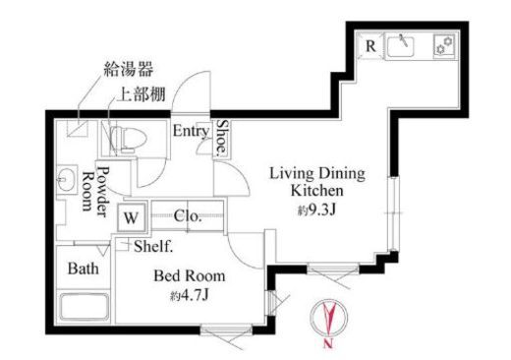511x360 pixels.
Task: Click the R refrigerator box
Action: pyautogui.click(x=370, y=45)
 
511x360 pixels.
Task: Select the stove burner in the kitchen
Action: pyautogui.click(x=442, y=46)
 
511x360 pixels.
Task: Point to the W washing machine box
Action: pyautogui.click(x=131, y=216)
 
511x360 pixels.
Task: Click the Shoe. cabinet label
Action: pyautogui.click(x=223, y=138)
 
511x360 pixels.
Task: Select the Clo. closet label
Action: pyautogui.click(x=188, y=216)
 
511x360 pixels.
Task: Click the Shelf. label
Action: pyautogui.click(x=152, y=246)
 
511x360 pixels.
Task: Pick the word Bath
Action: pyautogui.click(x=82, y=268)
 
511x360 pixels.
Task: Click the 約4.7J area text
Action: pyautogui.click(x=189, y=296)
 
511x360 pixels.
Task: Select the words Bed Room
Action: pyautogui.click(x=190, y=275)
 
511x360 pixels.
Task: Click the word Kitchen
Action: pyautogui.click(x=316, y=192)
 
